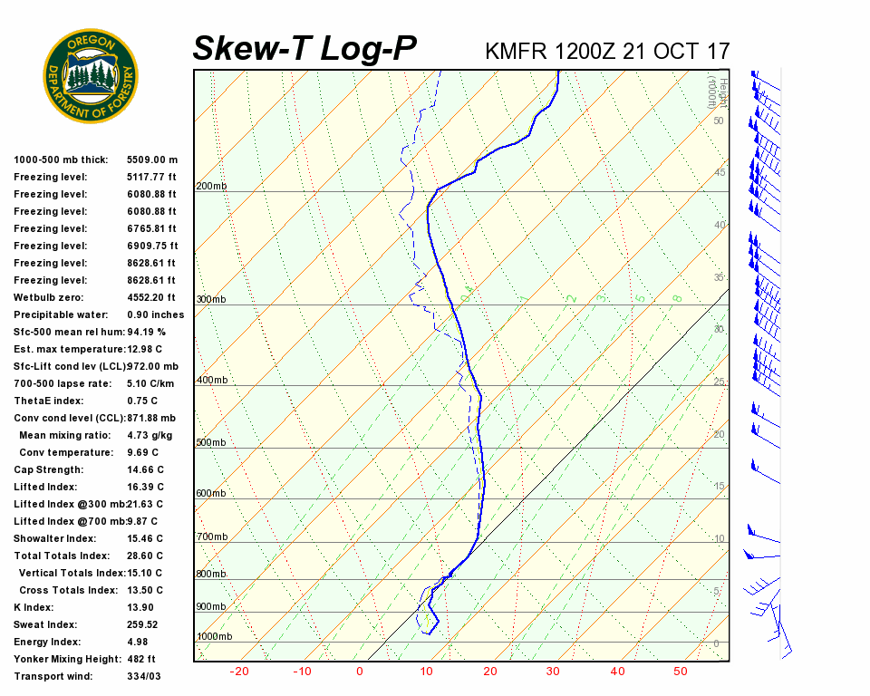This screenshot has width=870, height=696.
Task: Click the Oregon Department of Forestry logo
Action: tap(91, 76)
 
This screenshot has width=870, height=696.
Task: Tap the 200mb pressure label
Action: tap(211, 187)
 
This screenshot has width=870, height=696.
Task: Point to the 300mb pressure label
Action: tap(211, 299)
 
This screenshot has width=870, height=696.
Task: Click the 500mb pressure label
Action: tap(211, 442)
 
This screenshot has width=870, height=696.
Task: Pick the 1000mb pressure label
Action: tap(214, 636)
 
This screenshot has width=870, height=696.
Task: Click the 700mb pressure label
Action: tap(211, 537)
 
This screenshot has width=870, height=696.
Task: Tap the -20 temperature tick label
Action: tap(239, 672)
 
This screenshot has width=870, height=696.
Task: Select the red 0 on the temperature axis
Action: tap(360, 672)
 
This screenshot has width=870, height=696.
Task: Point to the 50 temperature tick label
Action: tap(681, 672)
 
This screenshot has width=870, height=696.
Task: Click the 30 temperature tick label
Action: tap(553, 672)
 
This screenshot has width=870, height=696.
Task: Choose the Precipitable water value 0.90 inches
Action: tap(155, 314)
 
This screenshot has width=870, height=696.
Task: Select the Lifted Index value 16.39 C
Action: tap(145, 487)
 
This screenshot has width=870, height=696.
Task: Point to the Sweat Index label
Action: tap(46, 624)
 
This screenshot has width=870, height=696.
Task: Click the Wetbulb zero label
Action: tap(50, 297)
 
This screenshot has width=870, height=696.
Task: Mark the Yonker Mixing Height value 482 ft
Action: tap(141, 659)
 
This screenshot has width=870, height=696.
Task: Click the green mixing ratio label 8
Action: tap(676, 298)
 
